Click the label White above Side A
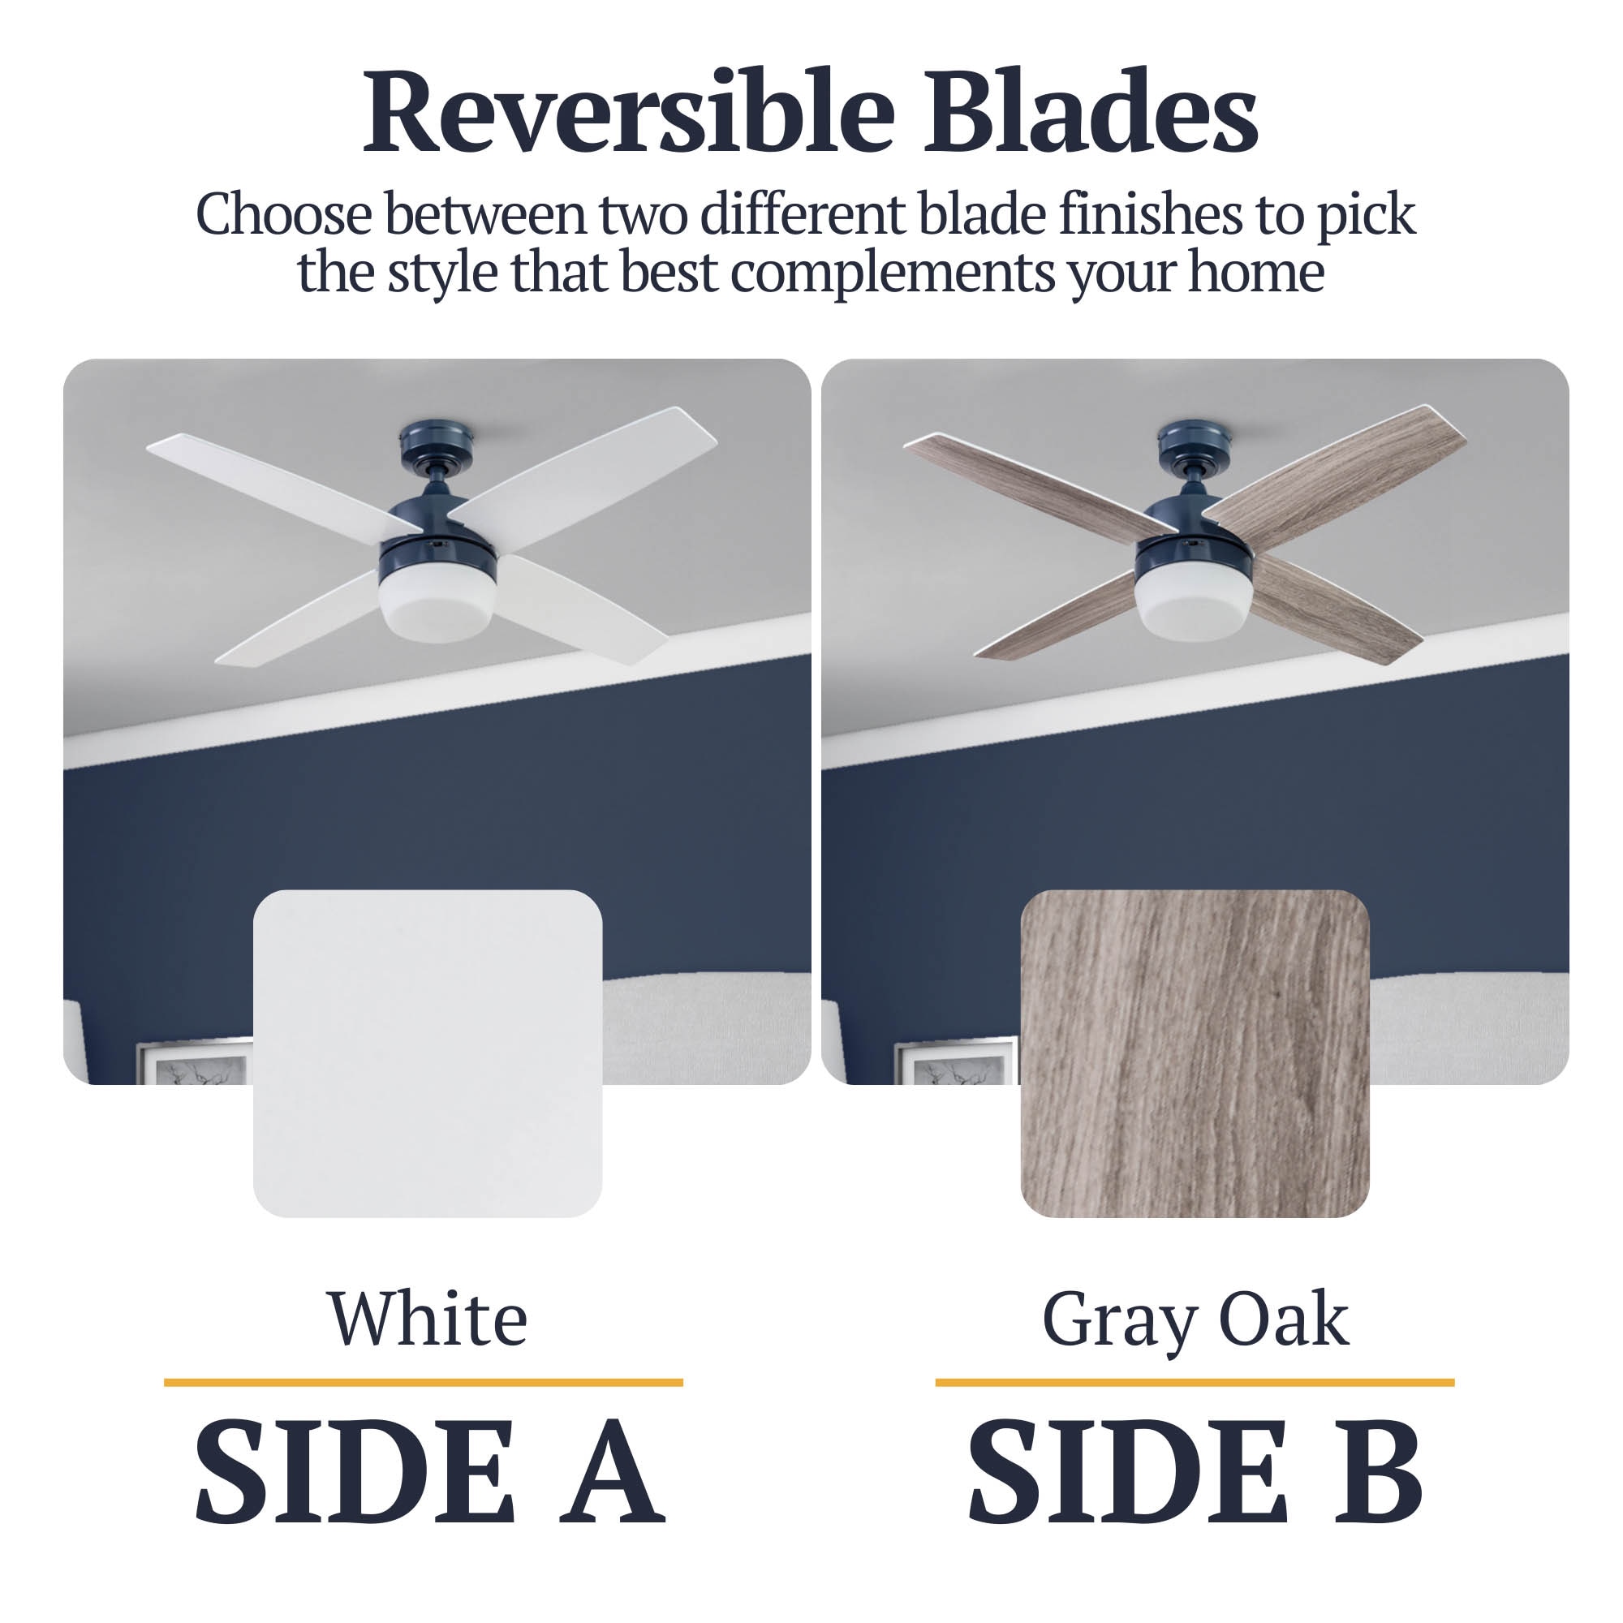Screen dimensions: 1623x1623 [427, 1319]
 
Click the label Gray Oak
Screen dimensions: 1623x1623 [1195, 1319]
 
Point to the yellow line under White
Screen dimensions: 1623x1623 [424, 1382]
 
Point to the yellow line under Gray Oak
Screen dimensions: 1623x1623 [1195, 1382]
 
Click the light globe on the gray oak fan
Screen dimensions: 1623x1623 [1193, 605]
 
